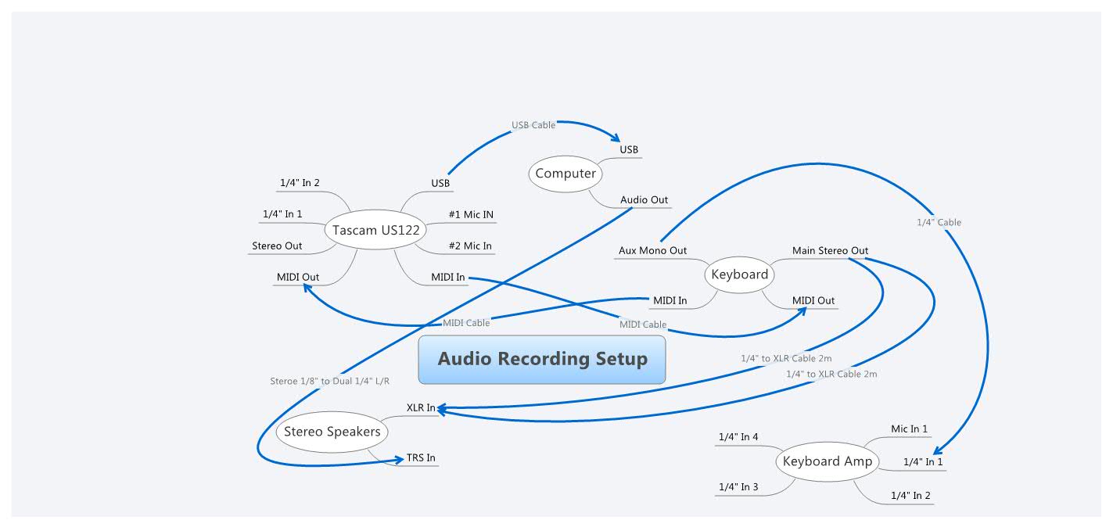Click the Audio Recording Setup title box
tap(542, 360)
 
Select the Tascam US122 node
tap(375, 231)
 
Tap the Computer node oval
tap(565, 174)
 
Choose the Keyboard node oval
tap(739, 274)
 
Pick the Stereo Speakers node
tap(332, 432)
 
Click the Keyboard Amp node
tap(827, 461)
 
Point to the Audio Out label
tap(644, 200)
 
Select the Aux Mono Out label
tap(652, 251)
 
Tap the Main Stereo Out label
tap(830, 251)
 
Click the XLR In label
tap(421, 407)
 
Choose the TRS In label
tap(421, 458)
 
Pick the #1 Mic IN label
tap(471, 215)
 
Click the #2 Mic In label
tap(470, 246)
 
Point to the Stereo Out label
tap(277, 246)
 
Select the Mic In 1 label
tap(909, 429)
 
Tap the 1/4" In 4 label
tap(738, 437)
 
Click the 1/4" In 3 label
tap(738, 487)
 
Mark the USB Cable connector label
tap(533, 125)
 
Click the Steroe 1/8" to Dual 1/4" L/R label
tap(329, 382)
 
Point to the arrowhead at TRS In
tap(397, 461)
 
